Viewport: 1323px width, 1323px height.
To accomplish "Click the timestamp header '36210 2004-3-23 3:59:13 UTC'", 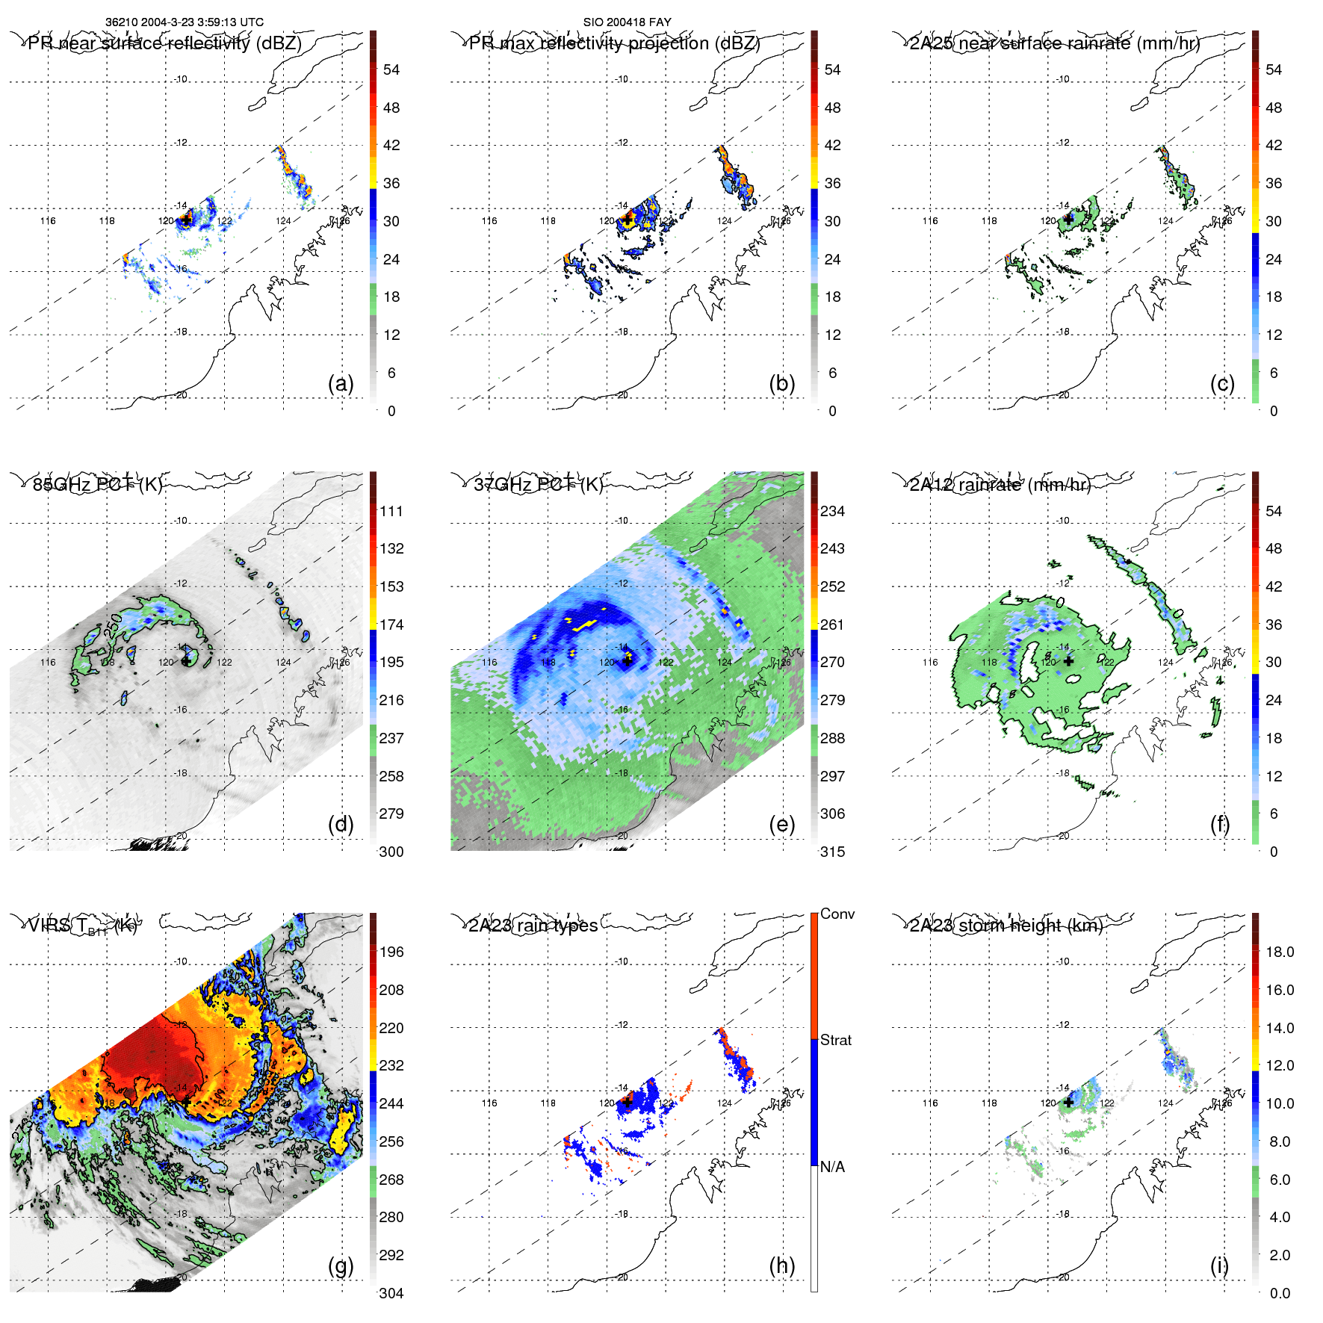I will (184, 22).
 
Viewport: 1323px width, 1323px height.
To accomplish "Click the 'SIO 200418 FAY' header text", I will (627, 22).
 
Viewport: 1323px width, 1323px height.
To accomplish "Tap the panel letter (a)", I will (341, 383).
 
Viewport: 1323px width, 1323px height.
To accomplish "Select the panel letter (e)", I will (781, 824).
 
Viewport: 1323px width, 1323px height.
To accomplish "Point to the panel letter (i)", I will (1219, 1265).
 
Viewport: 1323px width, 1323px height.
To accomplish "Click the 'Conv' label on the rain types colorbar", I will (837, 914).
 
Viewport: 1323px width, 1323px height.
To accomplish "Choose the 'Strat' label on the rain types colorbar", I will (835, 1040).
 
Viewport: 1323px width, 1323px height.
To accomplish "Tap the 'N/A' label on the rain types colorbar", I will (832, 1167).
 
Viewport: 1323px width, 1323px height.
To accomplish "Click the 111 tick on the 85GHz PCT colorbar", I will (391, 511).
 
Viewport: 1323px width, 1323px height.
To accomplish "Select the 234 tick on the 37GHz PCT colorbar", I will (832, 511).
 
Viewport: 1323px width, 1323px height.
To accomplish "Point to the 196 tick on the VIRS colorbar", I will (391, 952).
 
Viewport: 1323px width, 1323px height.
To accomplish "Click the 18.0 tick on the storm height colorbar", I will (1279, 952).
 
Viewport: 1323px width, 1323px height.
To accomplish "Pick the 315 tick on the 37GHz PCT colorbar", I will (832, 852).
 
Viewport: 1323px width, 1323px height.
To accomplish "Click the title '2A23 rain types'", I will (533, 926).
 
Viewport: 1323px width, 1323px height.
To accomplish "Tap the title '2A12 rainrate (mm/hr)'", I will (1000, 485).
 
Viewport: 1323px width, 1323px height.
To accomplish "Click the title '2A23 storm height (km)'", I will (1006, 926).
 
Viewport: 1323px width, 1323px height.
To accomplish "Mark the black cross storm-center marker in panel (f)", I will (1068, 661).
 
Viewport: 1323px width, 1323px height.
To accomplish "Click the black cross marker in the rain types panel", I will (628, 1102).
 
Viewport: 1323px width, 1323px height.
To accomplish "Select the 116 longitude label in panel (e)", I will (489, 662).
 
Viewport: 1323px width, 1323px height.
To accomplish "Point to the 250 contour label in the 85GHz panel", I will (114, 625).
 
